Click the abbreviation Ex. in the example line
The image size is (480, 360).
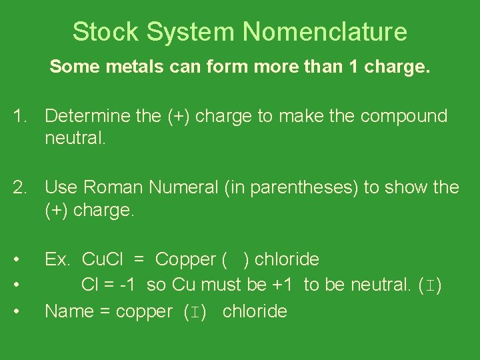click(57, 259)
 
